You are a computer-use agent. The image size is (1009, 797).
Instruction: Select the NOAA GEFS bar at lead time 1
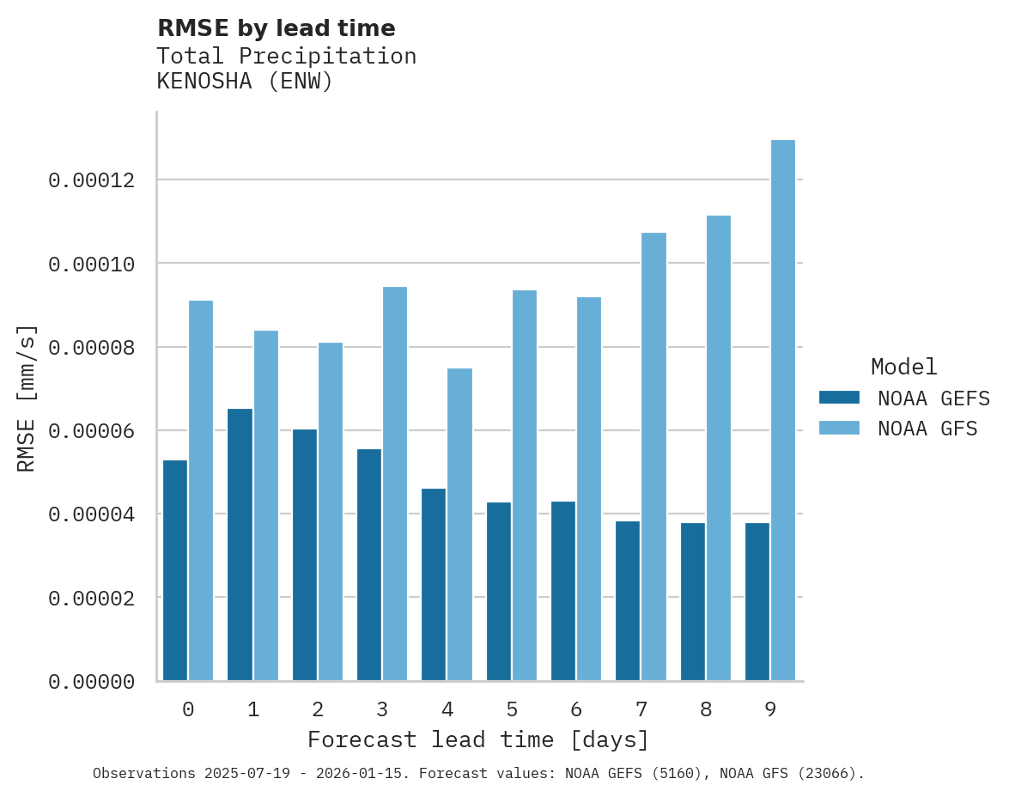240,545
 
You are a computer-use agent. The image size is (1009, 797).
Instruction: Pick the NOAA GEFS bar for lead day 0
175,570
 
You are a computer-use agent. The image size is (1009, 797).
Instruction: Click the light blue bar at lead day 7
653,457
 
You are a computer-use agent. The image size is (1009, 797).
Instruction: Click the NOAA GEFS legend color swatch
839,397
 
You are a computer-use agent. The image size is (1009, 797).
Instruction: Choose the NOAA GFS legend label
927,428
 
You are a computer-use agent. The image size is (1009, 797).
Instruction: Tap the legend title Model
903,367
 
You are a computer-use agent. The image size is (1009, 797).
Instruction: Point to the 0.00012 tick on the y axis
91,180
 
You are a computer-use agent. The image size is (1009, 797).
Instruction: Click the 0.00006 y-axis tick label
91,431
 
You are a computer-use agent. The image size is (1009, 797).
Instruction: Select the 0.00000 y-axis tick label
91,682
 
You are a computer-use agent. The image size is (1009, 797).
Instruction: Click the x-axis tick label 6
576,709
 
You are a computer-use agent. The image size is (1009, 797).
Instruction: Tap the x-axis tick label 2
318,709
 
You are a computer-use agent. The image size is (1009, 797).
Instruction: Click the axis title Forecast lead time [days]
478,739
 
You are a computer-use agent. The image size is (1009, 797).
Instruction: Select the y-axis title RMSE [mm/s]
27,398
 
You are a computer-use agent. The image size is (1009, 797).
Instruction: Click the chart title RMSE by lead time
276,28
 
